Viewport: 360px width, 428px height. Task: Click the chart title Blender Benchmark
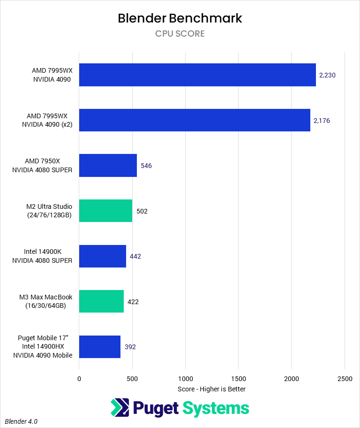coord(180,18)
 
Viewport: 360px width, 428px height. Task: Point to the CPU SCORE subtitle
coord(180,34)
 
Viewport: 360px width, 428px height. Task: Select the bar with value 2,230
coord(197,75)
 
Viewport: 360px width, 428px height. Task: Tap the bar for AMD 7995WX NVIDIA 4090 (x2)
coord(195,120)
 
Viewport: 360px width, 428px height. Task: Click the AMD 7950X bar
coord(108,166)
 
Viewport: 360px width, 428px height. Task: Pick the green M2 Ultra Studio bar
coord(105,211)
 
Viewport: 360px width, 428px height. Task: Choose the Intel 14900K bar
coord(103,256)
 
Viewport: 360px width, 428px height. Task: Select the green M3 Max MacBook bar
coord(101,301)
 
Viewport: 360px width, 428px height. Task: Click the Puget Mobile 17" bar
coord(100,347)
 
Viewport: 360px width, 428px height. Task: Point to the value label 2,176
coord(322,121)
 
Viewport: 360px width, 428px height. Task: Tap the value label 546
coord(146,166)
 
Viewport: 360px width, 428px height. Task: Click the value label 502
coord(142,211)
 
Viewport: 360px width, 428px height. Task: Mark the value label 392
coord(130,347)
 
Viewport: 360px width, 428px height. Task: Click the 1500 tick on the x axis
coord(238,378)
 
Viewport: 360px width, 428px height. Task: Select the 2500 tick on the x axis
coord(345,378)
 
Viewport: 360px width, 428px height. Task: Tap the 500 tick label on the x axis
coord(132,378)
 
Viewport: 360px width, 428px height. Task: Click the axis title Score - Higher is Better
coord(212,389)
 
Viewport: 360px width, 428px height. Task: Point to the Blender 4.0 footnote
coord(22,421)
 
